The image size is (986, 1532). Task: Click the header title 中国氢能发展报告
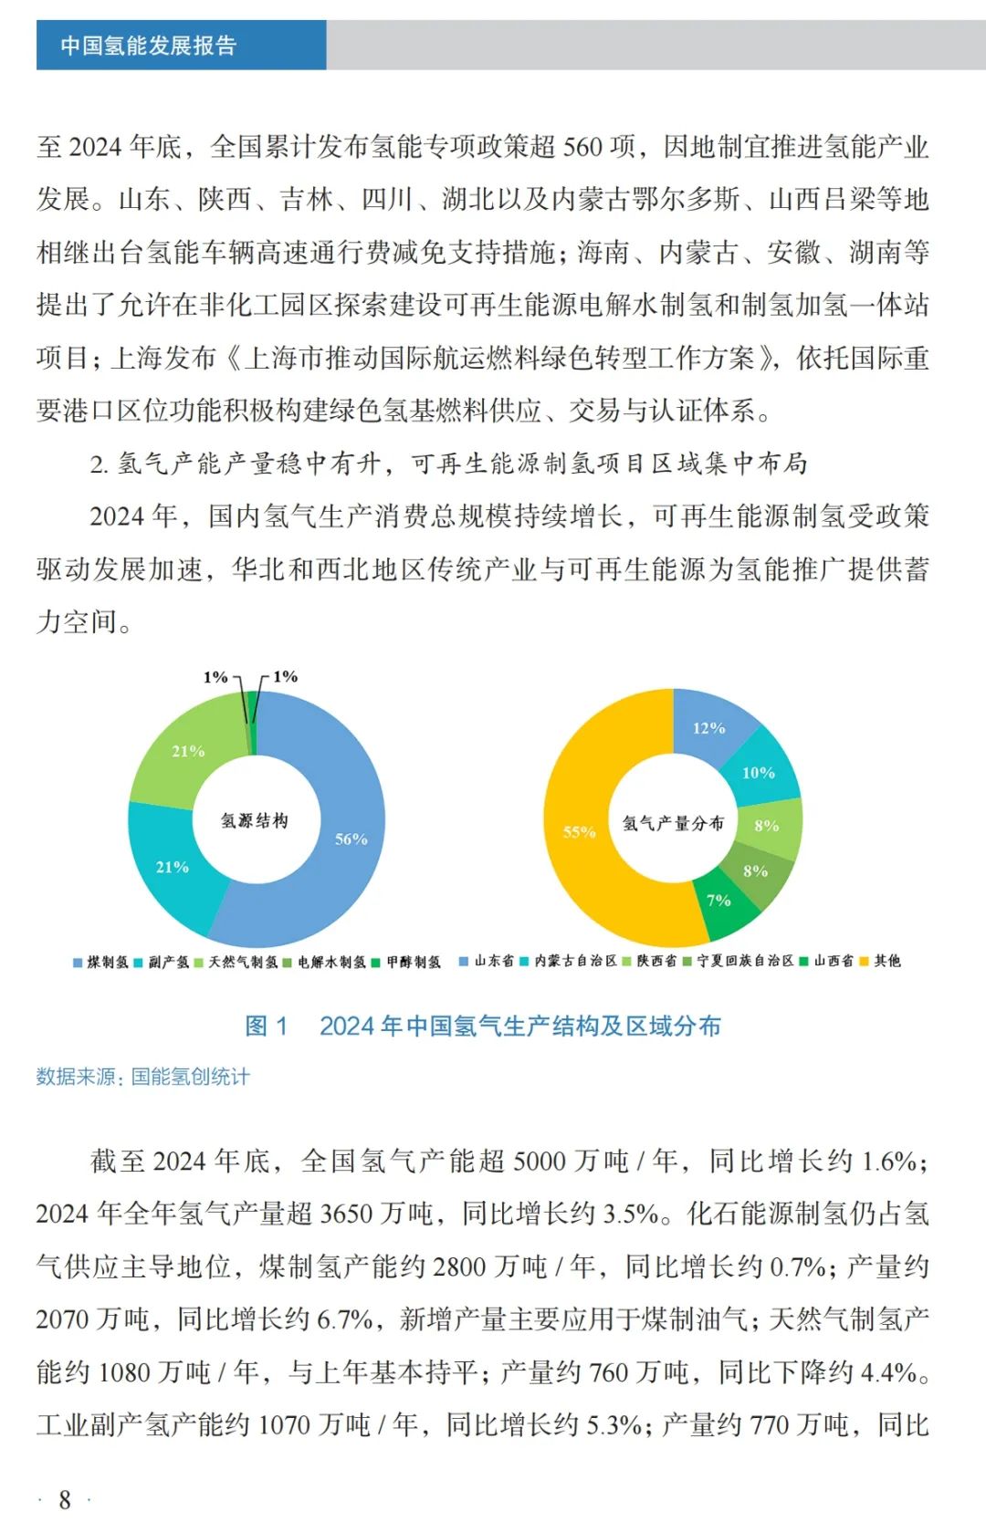(x=149, y=46)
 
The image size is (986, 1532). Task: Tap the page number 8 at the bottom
(x=65, y=1500)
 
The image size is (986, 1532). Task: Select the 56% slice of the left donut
(x=351, y=839)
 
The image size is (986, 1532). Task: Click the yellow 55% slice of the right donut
(x=579, y=831)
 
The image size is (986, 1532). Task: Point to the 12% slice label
(x=708, y=728)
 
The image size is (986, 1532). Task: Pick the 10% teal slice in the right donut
(x=758, y=773)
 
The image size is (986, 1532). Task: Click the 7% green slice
(x=719, y=901)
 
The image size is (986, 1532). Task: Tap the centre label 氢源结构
(x=255, y=820)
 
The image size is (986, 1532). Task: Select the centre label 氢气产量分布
(x=673, y=823)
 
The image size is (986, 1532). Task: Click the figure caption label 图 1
(x=267, y=1027)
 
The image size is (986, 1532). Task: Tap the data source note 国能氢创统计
(x=190, y=1077)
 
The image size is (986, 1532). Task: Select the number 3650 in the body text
(x=346, y=1214)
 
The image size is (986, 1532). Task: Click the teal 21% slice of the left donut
(x=173, y=867)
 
